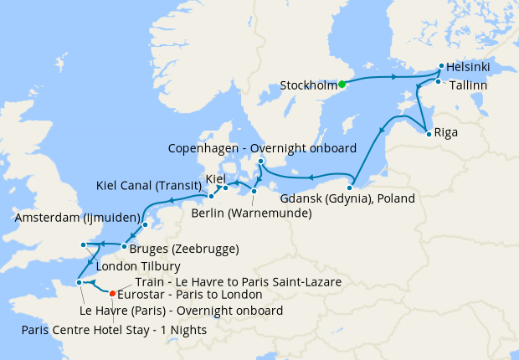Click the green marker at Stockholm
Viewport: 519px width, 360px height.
[342, 84]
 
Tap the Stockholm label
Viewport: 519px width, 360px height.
[307, 85]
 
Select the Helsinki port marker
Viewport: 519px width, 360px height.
[441, 65]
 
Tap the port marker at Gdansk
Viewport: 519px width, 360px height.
[350, 186]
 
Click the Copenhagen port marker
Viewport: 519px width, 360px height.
[260, 161]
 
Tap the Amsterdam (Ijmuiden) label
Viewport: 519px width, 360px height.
[76, 217]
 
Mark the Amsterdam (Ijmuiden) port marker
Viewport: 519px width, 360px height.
[145, 225]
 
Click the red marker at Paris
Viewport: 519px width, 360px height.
[113, 293]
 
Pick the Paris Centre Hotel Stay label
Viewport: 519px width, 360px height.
[113, 329]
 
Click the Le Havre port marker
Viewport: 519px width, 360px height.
[80, 283]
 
